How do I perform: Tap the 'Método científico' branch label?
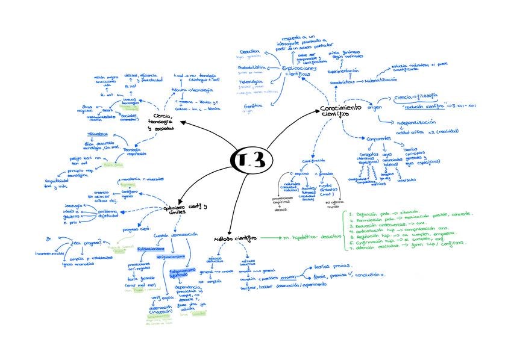pos(235,238)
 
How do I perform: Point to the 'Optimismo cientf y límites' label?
pos(185,210)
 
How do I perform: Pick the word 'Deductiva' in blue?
pos(250,52)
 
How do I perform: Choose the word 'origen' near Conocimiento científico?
pos(375,107)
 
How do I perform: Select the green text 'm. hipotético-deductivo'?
pos(311,237)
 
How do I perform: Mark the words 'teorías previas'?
pos(328,265)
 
